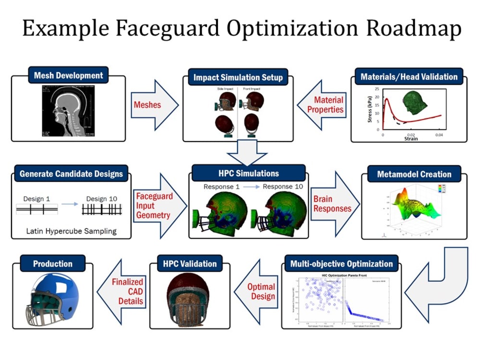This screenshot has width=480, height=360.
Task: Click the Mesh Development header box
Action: coord(68,75)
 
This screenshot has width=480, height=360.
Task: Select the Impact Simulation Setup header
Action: coord(238,77)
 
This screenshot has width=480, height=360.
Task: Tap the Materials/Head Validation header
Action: coord(409,77)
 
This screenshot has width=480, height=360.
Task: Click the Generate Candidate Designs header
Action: coord(71,174)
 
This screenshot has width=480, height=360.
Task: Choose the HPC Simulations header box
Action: coord(248,173)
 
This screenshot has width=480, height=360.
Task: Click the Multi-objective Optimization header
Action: coord(341,264)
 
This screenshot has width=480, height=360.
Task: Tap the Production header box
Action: coord(53,264)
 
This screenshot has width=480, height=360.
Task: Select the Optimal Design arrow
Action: coord(258,291)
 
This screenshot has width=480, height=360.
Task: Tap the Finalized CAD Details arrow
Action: coord(123,291)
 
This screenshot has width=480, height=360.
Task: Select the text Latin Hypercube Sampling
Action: coord(71,231)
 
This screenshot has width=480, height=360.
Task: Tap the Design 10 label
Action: coord(102,198)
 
